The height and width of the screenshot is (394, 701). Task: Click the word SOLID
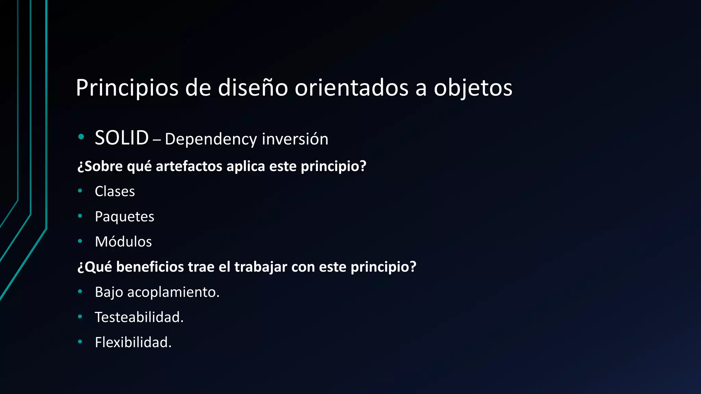(122, 138)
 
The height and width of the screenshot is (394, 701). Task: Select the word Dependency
(211, 139)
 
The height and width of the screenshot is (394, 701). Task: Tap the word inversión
(295, 139)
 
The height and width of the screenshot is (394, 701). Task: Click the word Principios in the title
(127, 88)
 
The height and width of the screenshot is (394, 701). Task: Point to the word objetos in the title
(473, 88)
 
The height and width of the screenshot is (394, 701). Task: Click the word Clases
(115, 191)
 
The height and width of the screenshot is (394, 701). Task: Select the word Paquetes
(124, 216)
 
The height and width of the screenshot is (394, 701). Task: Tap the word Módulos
(123, 241)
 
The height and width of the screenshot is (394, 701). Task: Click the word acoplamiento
(173, 292)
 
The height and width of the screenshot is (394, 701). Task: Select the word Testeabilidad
(139, 317)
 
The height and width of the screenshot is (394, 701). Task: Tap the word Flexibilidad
(133, 342)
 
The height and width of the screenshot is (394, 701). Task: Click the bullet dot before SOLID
(81, 137)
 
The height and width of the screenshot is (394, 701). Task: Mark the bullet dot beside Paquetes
(80, 216)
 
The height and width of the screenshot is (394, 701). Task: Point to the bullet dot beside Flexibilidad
(80, 341)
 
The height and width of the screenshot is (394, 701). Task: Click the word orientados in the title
(352, 88)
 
